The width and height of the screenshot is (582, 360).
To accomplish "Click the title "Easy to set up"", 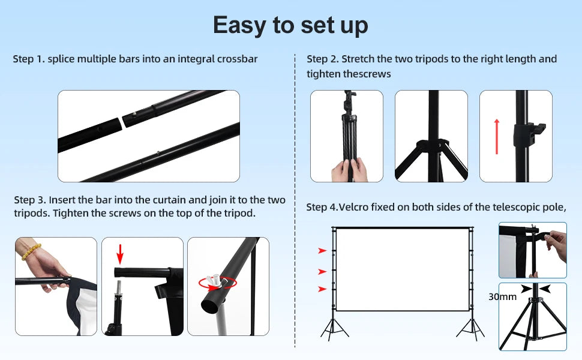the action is (290, 26).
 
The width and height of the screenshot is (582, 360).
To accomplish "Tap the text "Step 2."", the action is (322, 59).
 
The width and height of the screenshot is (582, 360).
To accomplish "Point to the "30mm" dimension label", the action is (502, 297).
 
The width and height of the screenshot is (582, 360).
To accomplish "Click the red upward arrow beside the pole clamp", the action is (497, 137).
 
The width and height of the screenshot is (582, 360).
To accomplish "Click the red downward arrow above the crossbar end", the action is (119, 254).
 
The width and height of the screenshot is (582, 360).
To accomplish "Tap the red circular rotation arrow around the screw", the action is (218, 283).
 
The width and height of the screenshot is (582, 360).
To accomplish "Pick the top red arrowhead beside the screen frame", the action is (322, 251).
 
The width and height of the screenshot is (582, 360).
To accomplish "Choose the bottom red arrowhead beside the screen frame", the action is (322, 289).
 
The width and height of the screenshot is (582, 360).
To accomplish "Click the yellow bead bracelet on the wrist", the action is (31, 251).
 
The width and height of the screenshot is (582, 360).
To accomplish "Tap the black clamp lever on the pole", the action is (530, 135).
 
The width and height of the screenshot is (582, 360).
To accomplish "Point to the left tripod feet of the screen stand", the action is (334, 329).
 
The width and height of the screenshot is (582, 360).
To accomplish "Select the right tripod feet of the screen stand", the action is (470, 329).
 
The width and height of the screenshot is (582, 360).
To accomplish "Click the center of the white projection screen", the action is (403, 270).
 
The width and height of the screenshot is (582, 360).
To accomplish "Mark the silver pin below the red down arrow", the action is (118, 289).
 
